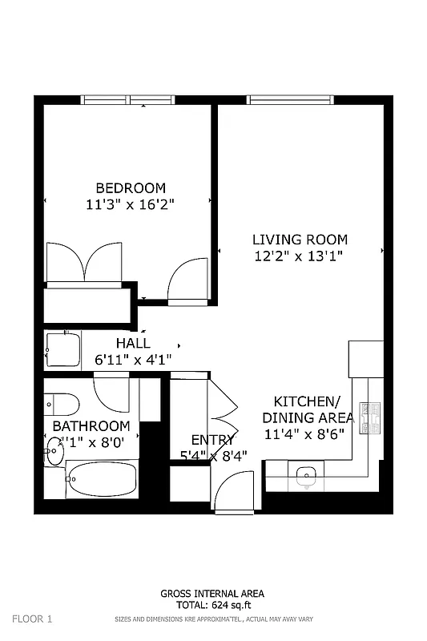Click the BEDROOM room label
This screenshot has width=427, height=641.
131,187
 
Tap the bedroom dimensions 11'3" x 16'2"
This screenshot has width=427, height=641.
131,204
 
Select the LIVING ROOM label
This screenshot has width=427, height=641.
300,239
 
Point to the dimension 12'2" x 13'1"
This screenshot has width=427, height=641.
300,256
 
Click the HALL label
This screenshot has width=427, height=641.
133,343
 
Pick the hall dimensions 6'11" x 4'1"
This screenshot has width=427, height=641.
133,361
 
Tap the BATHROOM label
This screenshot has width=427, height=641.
91,426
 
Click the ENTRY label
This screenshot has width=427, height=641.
212,440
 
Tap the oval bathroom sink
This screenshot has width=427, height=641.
54,450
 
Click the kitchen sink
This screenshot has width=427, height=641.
305,478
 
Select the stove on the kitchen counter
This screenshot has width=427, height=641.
369,417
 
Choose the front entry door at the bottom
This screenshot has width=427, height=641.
235,490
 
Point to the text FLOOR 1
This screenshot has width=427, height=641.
32,619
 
